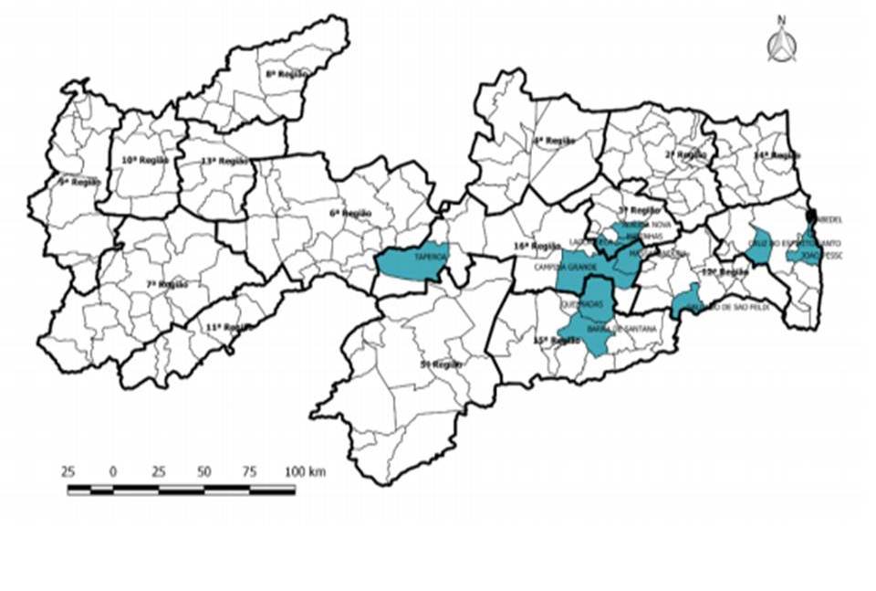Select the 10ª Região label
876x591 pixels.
pos(145,160)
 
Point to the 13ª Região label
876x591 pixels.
pos(224,162)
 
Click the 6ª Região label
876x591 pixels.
pos(351,213)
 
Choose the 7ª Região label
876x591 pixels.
pos(166,285)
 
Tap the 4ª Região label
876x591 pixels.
pos(554,141)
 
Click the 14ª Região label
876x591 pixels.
pos(777,156)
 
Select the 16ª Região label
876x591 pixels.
pos(536,246)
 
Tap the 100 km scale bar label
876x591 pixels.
pos(304,472)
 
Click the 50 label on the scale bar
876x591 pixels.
pos(203,472)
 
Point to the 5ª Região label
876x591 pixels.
pos(441,364)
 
